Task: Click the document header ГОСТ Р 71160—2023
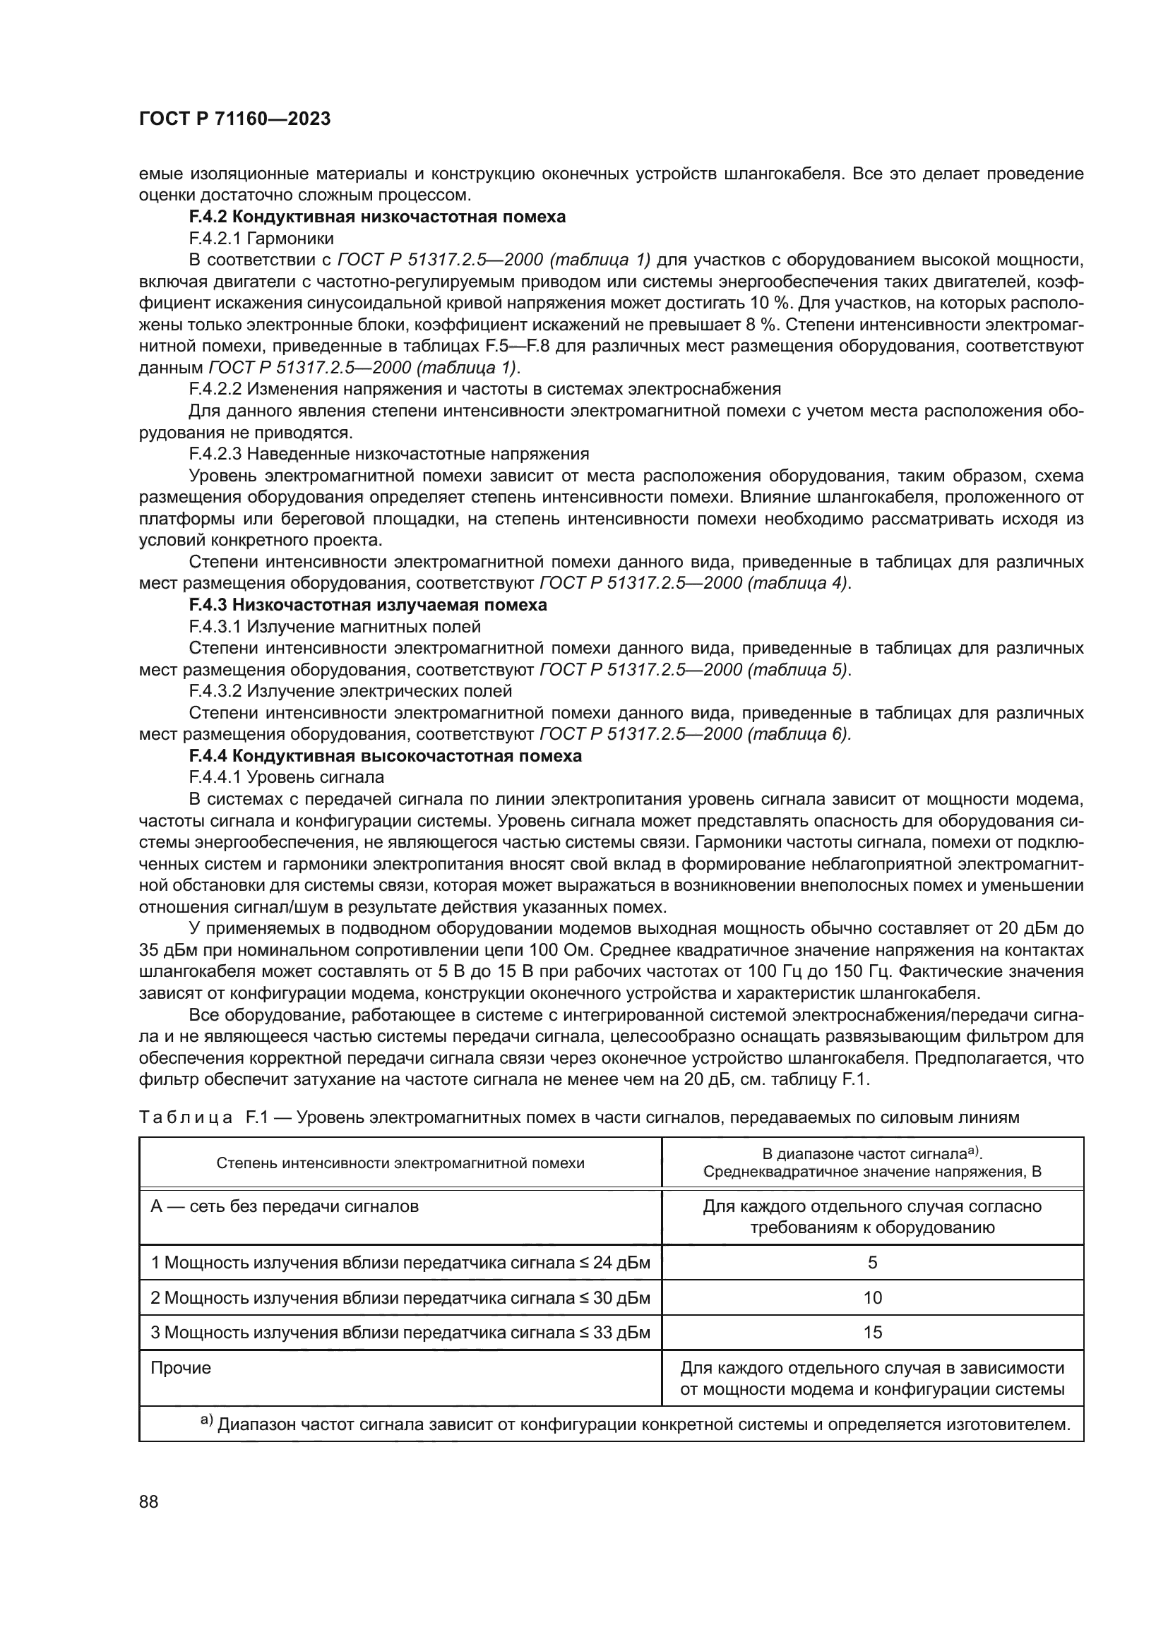point(234,119)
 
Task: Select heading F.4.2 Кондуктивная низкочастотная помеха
point(377,217)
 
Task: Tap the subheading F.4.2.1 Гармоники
point(261,238)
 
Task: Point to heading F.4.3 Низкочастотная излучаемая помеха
point(367,605)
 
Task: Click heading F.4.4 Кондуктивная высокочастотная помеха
point(385,756)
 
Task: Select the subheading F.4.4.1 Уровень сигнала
point(286,777)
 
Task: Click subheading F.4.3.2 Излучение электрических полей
point(350,691)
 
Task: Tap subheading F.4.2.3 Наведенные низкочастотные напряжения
point(388,454)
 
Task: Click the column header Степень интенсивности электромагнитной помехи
point(400,1163)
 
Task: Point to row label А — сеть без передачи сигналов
point(284,1206)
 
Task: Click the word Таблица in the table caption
point(186,1117)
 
